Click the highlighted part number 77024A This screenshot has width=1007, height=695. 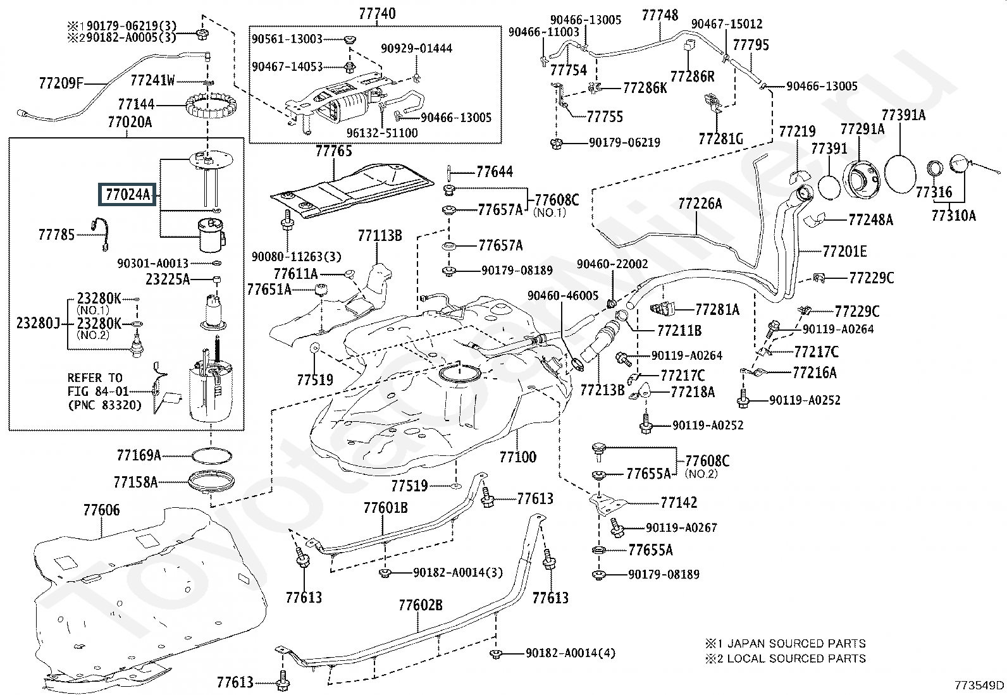127,195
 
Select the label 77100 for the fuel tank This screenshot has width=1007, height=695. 517,457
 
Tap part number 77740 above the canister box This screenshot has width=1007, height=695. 377,14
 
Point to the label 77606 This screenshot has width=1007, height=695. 102,510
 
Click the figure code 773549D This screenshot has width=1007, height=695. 979,685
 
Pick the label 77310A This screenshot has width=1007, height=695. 953,216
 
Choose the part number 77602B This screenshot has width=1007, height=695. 421,606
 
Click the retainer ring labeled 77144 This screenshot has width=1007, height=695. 211,106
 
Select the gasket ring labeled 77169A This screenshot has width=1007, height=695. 212,456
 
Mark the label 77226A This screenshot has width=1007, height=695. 700,204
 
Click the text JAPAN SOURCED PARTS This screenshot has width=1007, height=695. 796,644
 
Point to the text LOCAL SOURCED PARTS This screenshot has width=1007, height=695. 796,658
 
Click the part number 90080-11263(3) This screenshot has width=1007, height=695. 296,257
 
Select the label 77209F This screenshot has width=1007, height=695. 61,83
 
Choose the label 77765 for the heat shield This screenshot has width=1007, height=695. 333,151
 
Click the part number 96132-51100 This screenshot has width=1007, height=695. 382,133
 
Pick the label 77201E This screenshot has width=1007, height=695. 844,251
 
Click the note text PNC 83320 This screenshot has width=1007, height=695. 105,405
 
